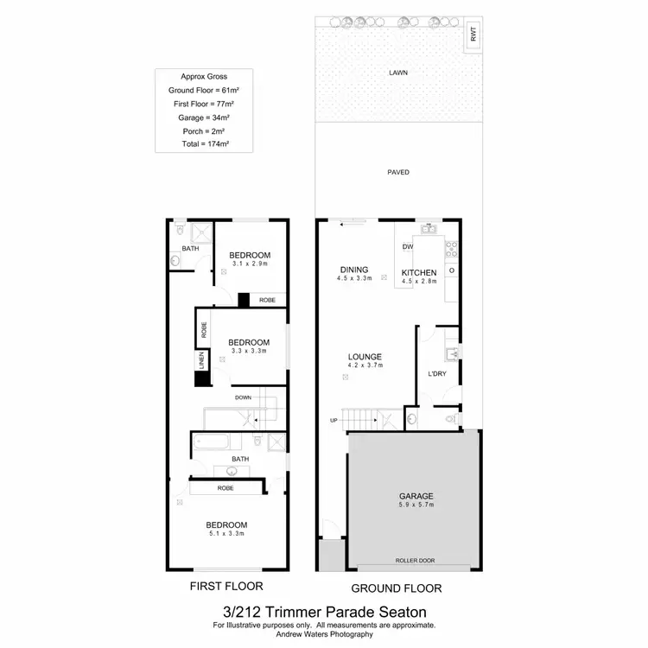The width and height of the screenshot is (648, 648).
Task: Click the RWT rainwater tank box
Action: click(473, 34)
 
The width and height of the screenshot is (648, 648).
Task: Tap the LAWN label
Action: click(398, 73)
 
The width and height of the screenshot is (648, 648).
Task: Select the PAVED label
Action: click(398, 172)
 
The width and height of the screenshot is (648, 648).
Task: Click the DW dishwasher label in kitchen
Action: click(408, 247)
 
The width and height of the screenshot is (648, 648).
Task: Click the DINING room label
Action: click(354, 269)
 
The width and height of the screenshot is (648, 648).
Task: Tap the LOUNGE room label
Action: click(365, 356)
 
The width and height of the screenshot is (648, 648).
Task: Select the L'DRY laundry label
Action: click(436, 373)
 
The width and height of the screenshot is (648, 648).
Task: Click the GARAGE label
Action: click(416, 496)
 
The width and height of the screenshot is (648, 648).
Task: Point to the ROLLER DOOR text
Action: click(415, 561)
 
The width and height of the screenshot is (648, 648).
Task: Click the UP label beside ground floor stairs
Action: click(334, 421)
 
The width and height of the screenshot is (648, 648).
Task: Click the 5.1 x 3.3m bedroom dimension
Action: click(226, 535)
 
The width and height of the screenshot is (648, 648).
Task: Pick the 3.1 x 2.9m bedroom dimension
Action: click(250, 264)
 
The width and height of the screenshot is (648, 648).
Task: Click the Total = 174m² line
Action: click(204, 144)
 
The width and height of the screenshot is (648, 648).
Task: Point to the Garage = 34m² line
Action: click(204, 118)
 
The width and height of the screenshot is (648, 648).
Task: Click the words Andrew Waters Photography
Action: click(324, 634)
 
